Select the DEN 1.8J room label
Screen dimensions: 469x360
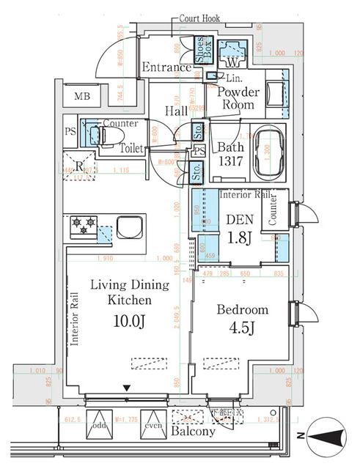(x=239, y=228)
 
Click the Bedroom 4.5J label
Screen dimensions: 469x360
(x=242, y=319)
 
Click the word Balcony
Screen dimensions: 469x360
(x=194, y=432)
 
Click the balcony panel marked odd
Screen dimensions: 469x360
(x=99, y=424)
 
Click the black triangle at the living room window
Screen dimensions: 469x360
(x=127, y=388)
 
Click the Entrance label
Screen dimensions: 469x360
(x=166, y=67)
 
